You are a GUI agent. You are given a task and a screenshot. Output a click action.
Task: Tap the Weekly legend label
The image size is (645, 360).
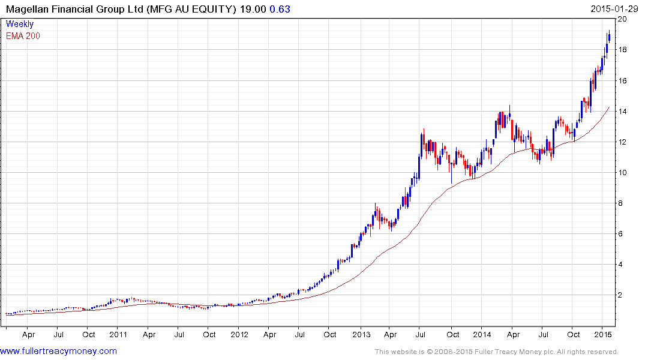[x=20, y=25]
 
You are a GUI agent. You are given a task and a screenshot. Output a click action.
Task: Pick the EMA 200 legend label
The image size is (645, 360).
[x=23, y=36]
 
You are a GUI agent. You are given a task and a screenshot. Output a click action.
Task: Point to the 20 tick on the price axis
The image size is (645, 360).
[x=623, y=19]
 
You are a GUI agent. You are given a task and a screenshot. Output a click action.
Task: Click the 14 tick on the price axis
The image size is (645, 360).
[x=623, y=112]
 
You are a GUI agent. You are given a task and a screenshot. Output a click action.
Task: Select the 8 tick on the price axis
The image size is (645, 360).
[x=623, y=203]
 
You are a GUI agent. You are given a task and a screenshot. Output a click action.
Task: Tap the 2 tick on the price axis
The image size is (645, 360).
[x=623, y=295]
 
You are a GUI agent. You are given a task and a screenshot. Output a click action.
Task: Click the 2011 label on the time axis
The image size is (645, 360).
[x=118, y=334]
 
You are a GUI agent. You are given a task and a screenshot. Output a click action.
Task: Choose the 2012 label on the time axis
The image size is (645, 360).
[x=239, y=334]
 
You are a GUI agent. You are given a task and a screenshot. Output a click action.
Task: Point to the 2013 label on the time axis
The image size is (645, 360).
[x=361, y=334]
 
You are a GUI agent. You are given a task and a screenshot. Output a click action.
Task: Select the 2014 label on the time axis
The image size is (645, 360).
[x=482, y=334]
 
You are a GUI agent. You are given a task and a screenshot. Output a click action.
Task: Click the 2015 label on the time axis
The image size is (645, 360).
[x=603, y=334]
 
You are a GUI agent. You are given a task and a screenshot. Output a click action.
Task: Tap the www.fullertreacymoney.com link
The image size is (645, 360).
[x=59, y=352]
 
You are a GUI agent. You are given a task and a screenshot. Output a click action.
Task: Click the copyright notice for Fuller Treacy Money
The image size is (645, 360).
[x=496, y=352]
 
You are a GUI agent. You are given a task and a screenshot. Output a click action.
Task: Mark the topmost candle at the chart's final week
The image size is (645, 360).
[x=609, y=37]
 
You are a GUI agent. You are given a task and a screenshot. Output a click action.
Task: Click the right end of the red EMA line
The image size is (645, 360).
[x=610, y=107]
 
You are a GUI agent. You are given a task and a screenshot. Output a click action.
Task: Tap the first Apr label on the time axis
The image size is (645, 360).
[x=28, y=334]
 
